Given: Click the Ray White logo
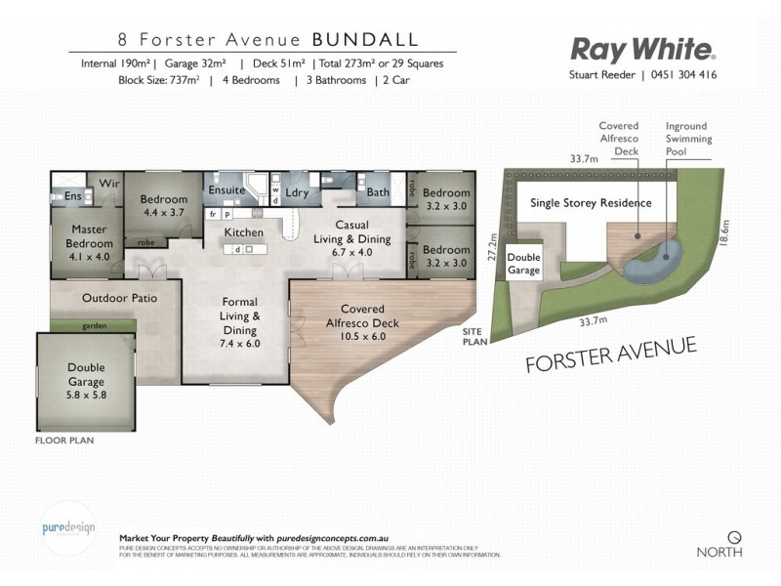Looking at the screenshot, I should click(x=643, y=49).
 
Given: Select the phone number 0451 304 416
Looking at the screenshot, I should click(x=684, y=74).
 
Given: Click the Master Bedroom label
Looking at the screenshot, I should click(x=90, y=242).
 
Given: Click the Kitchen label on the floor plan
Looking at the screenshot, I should click(x=244, y=232).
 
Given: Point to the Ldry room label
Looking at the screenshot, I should click(x=297, y=192).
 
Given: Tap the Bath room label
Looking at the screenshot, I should click(x=378, y=192).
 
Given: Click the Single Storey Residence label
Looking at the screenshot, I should click(x=590, y=204).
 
